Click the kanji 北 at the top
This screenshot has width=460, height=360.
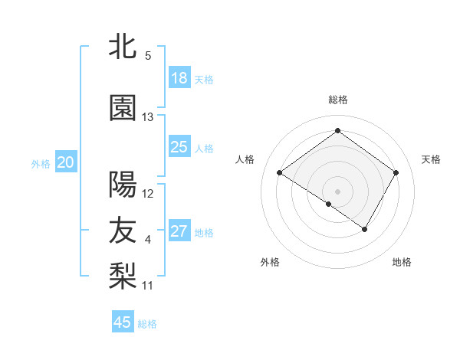point(123,46)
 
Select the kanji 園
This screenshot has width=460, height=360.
point(123,108)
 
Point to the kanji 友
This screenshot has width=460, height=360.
point(123,231)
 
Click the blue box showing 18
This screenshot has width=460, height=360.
point(179,78)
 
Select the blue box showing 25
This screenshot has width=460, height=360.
point(179,147)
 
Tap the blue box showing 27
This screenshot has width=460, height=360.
point(179,231)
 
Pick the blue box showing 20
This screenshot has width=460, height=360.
point(66,162)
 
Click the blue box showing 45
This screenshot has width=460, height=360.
point(123,322)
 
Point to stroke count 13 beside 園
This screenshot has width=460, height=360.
point(148,117)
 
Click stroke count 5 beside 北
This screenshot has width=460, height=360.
point(148,55)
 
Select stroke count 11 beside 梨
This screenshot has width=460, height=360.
point(148,286)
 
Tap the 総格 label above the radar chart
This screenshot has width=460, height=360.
point(337,100)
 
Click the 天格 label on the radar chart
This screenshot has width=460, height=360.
point(431,159)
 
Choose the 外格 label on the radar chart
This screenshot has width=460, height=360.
point(270,262)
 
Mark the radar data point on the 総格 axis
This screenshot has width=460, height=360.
point(337,130)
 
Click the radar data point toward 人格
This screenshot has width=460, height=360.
point(280,173)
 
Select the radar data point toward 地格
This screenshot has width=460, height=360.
point(365,229)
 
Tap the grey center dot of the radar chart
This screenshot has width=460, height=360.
point(337,191)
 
